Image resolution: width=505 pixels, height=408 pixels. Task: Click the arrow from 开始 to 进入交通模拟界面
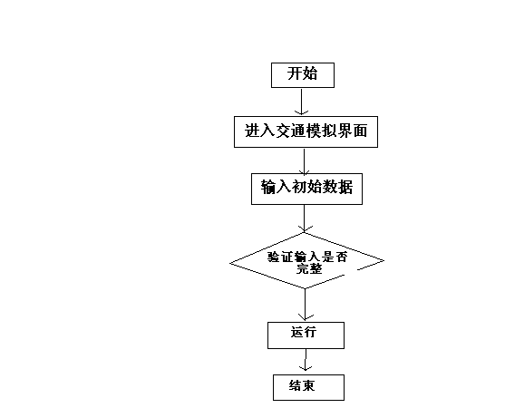[301, 102]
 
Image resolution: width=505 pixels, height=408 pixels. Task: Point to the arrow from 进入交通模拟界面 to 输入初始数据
[304, 161]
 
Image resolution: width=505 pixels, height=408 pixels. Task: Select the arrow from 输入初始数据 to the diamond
[304, 219]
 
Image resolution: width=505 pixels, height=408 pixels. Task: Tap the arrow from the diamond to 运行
[305, 305]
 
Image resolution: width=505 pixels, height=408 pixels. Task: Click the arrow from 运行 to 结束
[306, 360]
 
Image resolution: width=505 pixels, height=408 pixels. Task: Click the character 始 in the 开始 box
[310, 73]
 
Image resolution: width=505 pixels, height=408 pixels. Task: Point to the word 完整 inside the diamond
[309, 268]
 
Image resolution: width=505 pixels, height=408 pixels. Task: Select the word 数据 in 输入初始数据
[337, 188]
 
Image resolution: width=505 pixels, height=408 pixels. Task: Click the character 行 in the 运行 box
[310, 332]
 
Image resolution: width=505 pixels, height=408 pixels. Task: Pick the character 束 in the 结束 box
[308, 385]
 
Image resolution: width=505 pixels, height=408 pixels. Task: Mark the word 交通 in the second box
[290, 131]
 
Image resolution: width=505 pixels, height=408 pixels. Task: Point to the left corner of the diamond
[230, 263]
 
